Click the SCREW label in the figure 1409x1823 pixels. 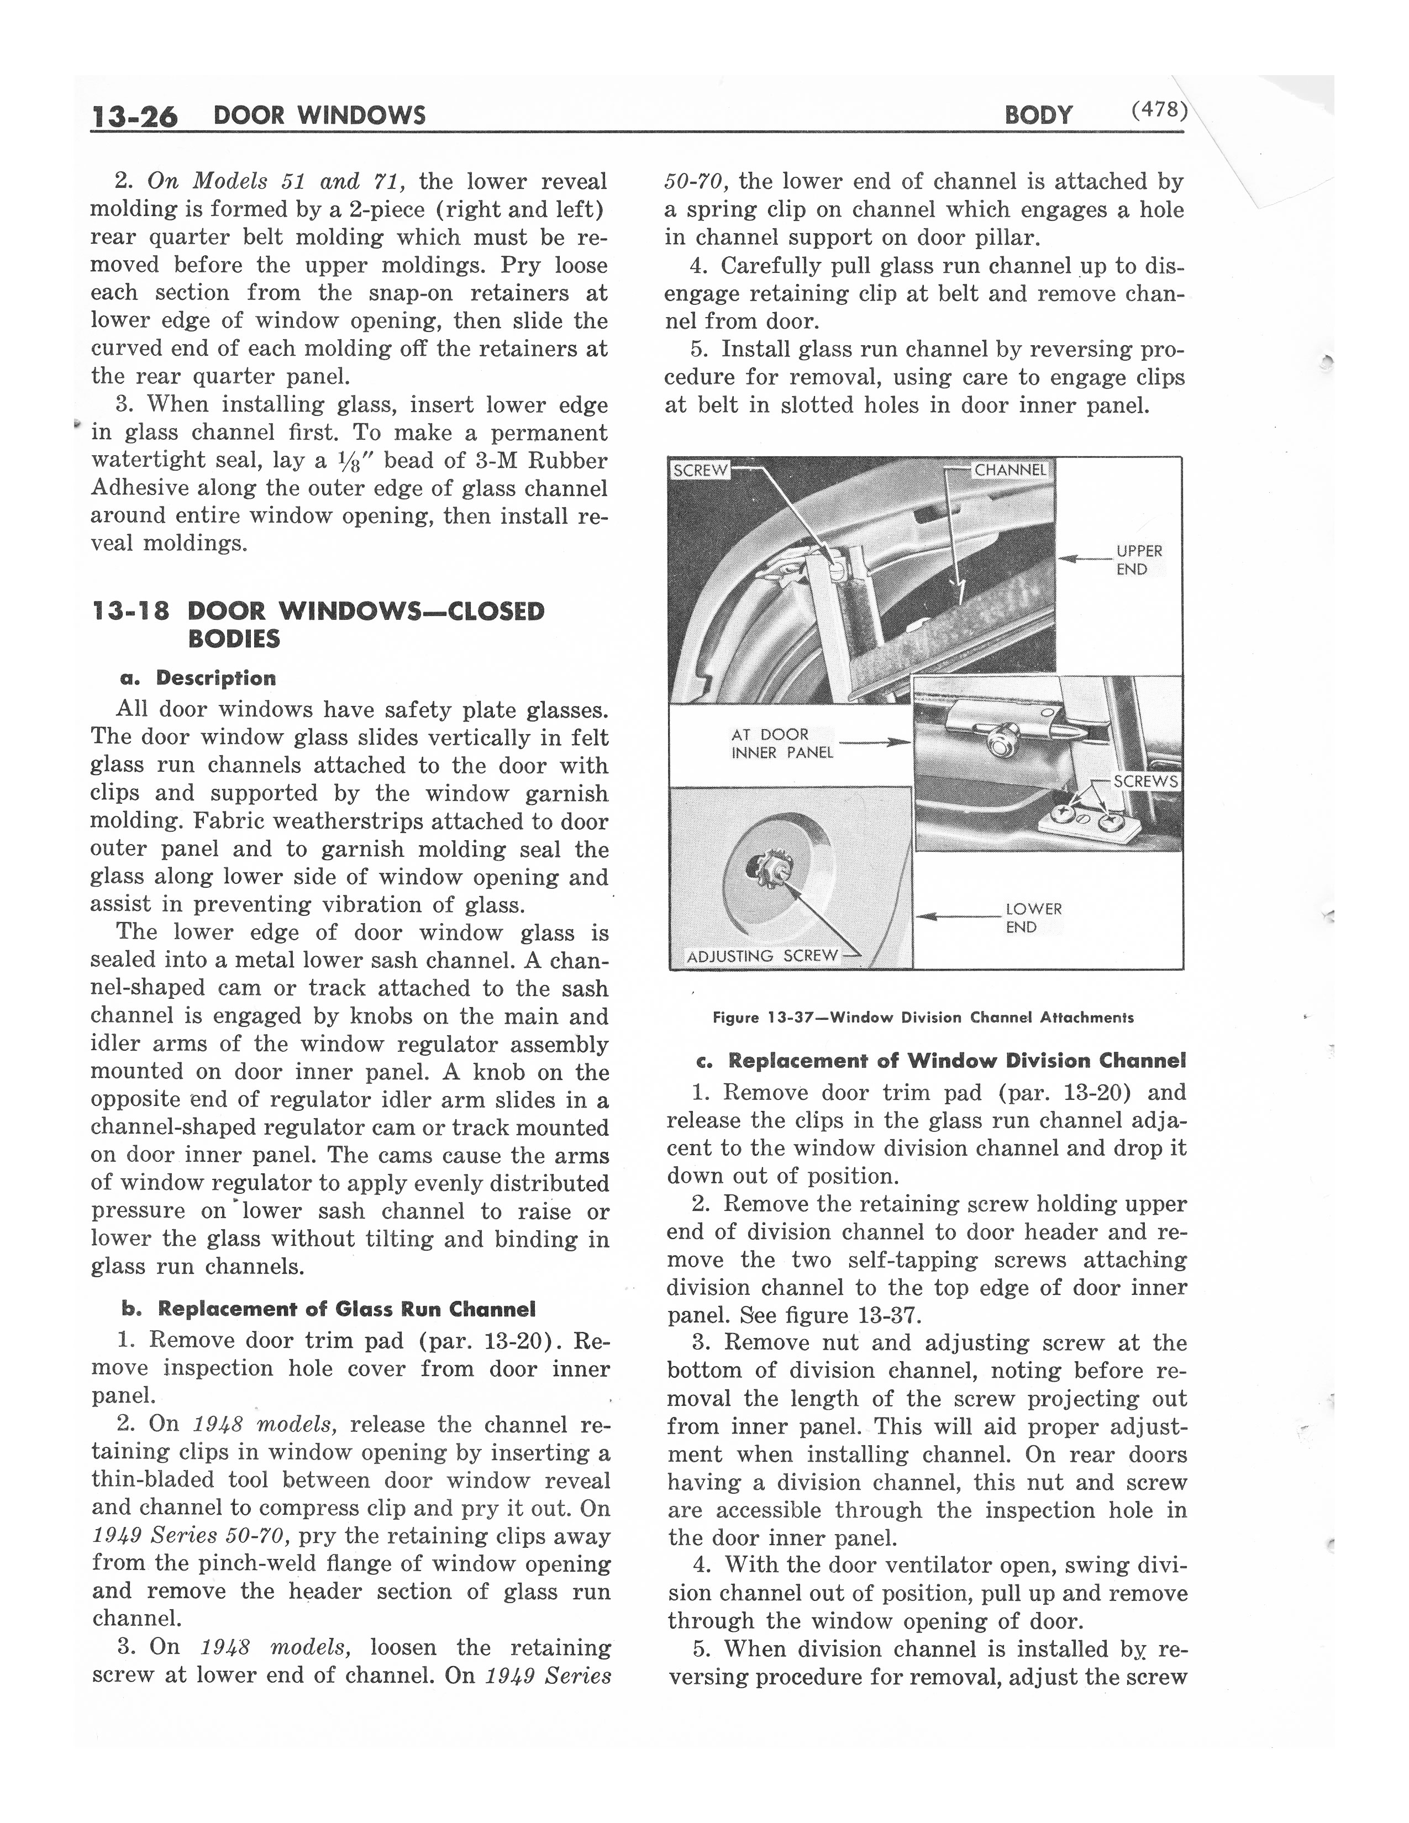click(700, 471)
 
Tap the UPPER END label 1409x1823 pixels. click(1139, 560)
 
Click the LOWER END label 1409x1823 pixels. click(1033, 918)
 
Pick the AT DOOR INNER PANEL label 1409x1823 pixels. click(781, 744)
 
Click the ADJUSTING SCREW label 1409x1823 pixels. click(761, 956)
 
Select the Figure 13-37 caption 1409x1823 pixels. click(922, 1018)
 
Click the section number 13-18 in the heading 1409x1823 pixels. click(130, 612)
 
